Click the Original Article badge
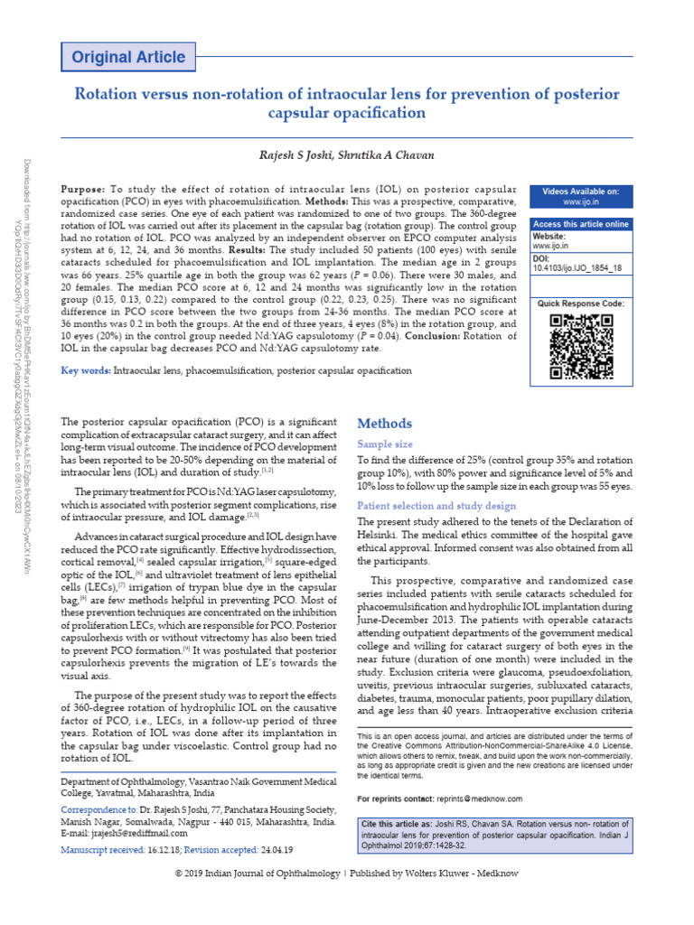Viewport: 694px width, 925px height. [128, 58]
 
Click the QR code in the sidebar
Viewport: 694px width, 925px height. [580, 346]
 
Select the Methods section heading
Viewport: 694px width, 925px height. [385, 424]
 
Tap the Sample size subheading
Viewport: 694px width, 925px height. [386, 444]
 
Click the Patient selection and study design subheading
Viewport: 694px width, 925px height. [436, 506]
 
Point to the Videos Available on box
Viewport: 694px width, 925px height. [580, 197]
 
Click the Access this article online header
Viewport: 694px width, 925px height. [580, 224]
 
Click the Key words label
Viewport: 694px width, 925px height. [84, 370]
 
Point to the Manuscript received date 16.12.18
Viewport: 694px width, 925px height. [164, 852]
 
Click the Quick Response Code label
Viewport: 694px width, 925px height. [580, 304]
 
